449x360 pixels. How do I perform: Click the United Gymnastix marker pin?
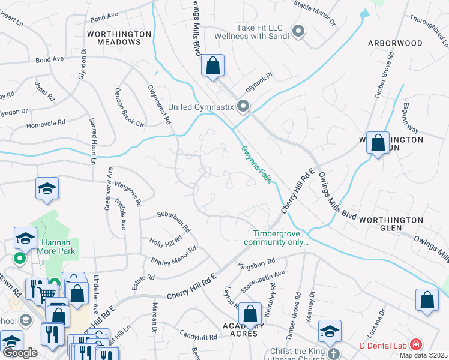243,107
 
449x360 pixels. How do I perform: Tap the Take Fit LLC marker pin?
299,32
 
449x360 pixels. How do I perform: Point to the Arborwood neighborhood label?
395,43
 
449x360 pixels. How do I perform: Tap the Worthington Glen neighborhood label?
393,224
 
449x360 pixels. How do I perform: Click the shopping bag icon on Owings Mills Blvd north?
213,65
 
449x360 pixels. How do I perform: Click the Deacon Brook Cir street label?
122,109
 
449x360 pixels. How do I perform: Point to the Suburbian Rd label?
173,221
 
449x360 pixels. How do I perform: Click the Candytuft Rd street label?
197,338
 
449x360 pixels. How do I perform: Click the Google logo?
20,353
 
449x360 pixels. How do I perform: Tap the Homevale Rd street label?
46,124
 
